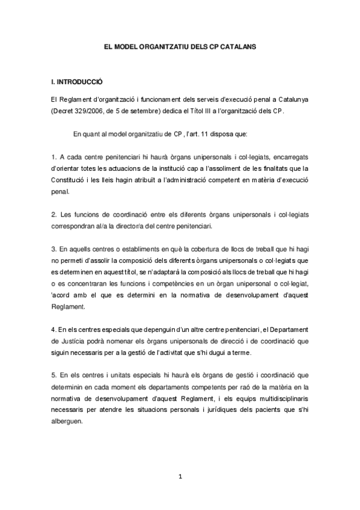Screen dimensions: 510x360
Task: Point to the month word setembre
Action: point(154,111)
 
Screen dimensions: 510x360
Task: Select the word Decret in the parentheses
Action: point(68,111)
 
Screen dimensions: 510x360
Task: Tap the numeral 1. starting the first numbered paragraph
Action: point(53,156)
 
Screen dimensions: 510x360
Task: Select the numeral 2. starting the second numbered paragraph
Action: point(53,214)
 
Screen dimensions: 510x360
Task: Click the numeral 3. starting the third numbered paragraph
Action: point(53,248)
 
